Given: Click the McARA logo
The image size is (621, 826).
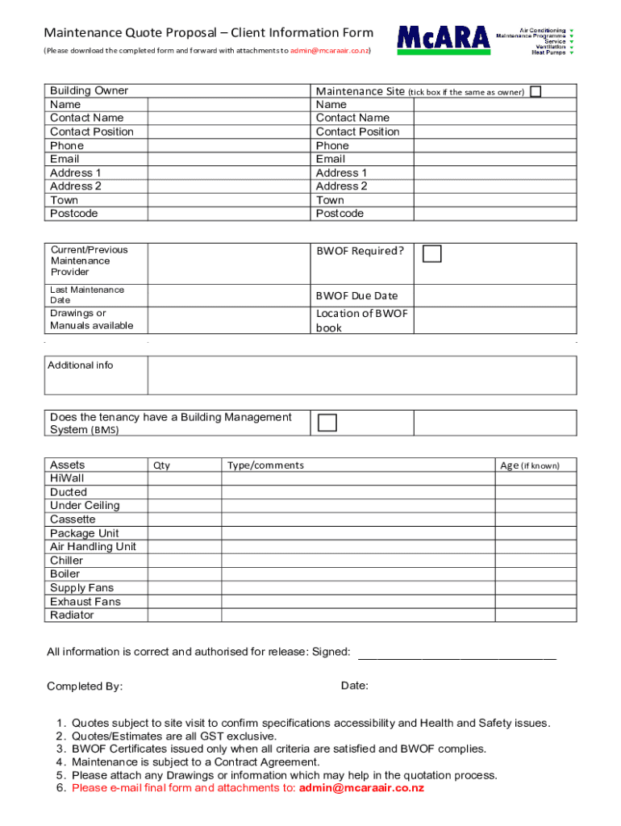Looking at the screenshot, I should [x=443, y=39].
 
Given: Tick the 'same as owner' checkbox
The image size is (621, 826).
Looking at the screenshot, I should [x=536, y=91].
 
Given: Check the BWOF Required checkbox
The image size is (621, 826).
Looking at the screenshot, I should [x=433, y=254].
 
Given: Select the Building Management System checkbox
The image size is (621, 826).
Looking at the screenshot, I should [x=327, y=423].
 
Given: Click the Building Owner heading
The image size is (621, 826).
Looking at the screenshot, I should [x=89, y=91].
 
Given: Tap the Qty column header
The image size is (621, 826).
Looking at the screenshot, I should [x=161, y=465].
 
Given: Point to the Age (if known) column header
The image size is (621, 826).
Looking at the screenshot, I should [x=529, y=465].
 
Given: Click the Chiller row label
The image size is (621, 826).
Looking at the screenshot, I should [x=66, y=561].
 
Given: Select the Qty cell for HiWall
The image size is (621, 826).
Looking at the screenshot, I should [x=184, y=478].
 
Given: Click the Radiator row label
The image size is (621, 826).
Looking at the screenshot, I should [x=72, y=615].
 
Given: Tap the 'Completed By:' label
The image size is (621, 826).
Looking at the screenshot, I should [x=85, y=686].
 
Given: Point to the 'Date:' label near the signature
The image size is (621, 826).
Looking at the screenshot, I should [x=354, y=686].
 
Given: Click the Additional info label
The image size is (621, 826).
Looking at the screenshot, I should [x=80, y=365].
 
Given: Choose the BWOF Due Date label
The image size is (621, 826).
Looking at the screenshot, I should [x=356, y=296].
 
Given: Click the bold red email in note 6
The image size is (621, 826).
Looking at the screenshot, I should [x=361, y=788].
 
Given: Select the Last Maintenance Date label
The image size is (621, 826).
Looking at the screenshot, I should [x=87, y=294].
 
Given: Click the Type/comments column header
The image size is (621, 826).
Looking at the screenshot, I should [x=265, y=465].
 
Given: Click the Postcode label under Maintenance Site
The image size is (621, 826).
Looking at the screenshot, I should [x=340, y=214].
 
